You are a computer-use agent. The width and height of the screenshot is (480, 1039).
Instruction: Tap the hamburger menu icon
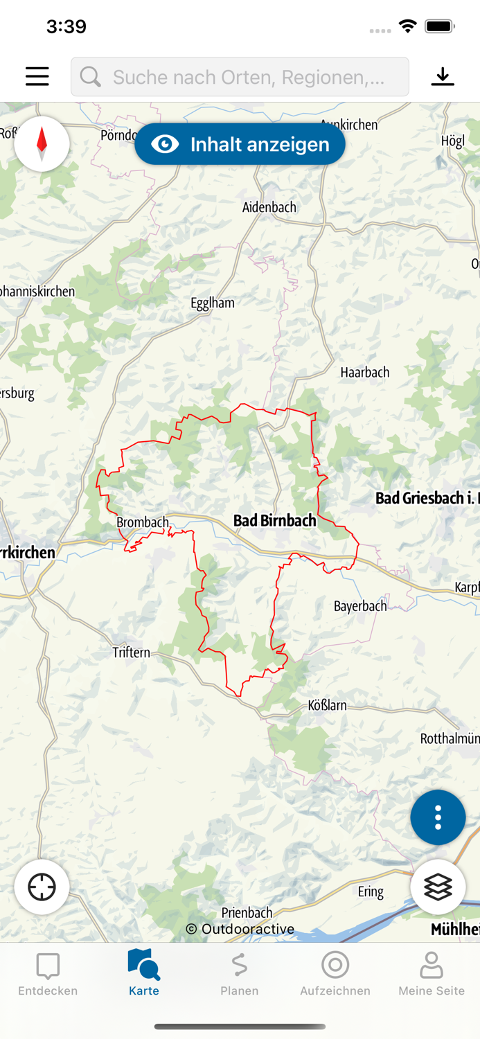click(x=37, y=76)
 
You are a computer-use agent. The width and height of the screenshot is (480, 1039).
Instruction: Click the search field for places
click(x=240, y=77)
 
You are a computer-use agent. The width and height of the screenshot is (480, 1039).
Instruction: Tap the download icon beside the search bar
click(x=443, y=76)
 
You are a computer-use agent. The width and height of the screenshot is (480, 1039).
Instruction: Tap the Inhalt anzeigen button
click(x=240, y=144)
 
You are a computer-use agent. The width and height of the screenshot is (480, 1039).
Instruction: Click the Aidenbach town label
click(x=269, y=207)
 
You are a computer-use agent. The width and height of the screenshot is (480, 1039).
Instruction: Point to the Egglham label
click(x=213, y=303)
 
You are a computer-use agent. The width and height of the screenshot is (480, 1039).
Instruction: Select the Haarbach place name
click(x=365, y=373)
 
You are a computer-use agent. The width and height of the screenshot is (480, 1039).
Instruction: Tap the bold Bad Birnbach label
click(x=274, y=520)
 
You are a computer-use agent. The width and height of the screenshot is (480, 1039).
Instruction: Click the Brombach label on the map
click(x=143, y=522)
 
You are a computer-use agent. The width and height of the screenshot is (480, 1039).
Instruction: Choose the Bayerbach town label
click(x=360, y=606)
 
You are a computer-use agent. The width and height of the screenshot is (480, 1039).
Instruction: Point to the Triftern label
click(x=131, y=652)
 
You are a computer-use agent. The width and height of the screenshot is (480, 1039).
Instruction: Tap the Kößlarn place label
click(x=327, y=706)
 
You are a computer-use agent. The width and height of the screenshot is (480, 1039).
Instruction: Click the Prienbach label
click(x=247, y=912)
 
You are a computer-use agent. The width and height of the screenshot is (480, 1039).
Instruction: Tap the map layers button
click(x=438, y=887)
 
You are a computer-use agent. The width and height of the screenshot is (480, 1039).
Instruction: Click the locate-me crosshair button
click(x=42, y=887)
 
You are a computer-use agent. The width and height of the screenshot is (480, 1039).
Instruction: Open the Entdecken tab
click(x=48, y=974)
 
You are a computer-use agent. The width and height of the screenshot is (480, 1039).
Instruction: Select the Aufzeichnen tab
click(x=335, y=974)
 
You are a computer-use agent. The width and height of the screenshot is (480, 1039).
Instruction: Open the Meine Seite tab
click(x=431, y=974)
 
